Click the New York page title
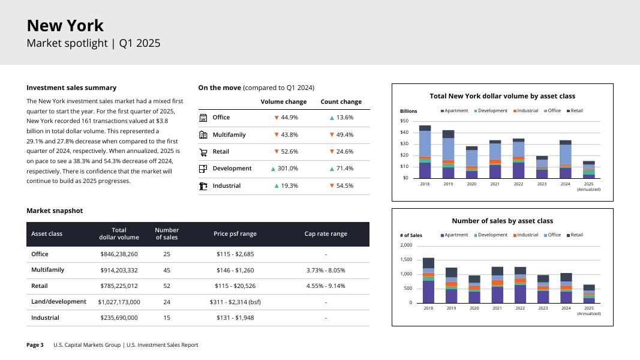65,26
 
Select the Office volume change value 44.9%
286,118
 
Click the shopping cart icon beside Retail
203,152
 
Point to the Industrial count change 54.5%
341,186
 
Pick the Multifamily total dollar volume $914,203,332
119,271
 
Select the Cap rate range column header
326,234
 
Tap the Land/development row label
59,302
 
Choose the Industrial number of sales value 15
167,318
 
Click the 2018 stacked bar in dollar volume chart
425,152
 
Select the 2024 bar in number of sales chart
566,288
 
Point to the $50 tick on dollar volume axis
404,121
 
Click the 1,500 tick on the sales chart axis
406,260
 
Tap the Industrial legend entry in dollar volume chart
526,111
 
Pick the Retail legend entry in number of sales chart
575,235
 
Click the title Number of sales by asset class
502,221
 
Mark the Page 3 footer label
35,345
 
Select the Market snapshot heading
55,211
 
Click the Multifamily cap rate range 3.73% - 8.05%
326,271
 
